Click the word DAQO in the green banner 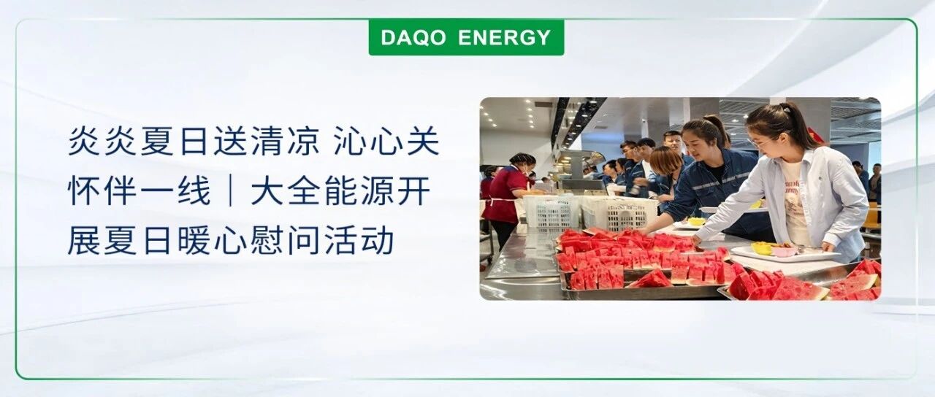pos(413,37)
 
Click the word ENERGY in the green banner pos(504,37)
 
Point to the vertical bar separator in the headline pos(230,190)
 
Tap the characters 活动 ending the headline pos(359,240)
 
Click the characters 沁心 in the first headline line pos(368,141)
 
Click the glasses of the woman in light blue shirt pos(762,143)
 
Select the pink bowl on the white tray pos(783,251)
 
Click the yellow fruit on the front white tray pos(762,247)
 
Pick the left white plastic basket pos(551,212)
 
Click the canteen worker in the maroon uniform pos(507,196)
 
